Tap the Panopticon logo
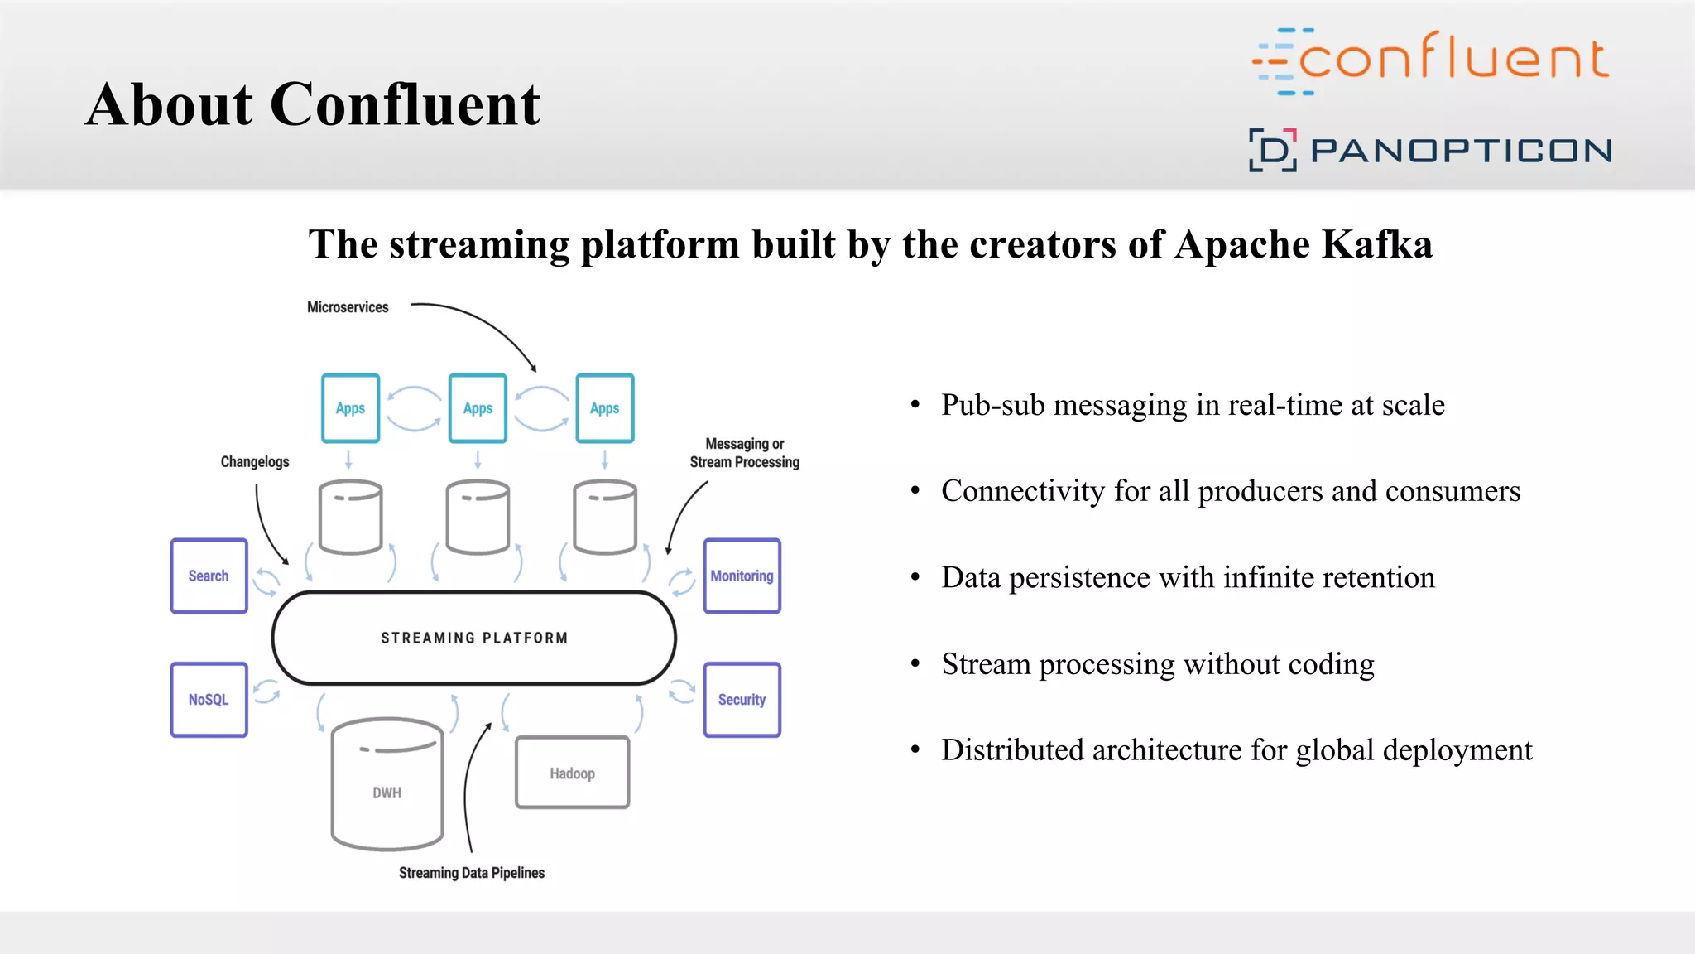coord(1430,150)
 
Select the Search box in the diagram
coord(209,576)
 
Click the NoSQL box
coord(209,699)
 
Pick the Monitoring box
coord(742,576)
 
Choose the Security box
coord(742,699)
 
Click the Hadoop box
coord(572,773)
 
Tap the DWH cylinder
coord(387,787)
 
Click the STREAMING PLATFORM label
coord(474,638)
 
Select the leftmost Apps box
coord(350,408)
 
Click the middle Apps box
coord(478,408)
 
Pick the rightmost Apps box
coord(605,408)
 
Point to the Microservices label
coord(348,307)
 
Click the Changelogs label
coord(255,462)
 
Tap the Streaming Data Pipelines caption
coord(472,873)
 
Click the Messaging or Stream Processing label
coord(744,453)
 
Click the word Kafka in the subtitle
coord(1377,244)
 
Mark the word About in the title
coord(169,105)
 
